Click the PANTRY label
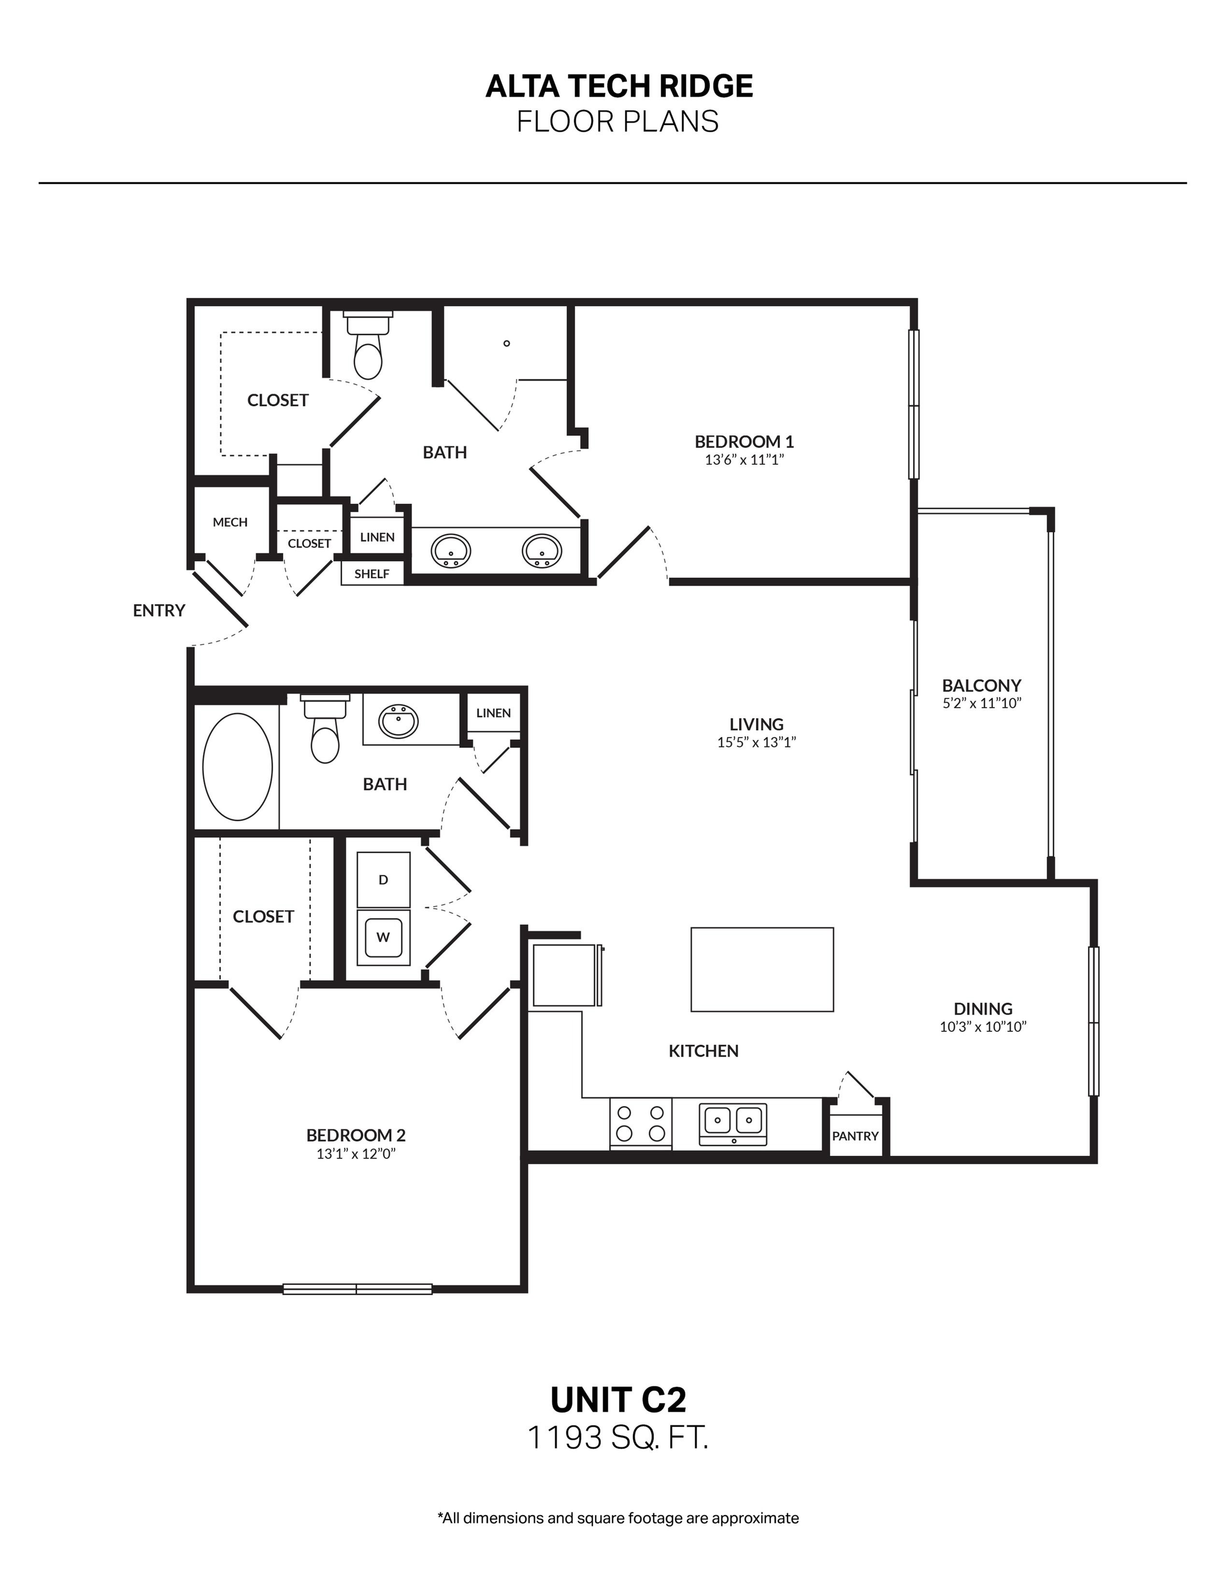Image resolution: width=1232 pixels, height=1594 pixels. point(855,1136)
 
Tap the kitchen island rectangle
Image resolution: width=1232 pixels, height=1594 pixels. point(762,969)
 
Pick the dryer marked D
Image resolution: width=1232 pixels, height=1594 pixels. point(383,880)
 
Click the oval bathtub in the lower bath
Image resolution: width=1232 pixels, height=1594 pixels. point(237,767)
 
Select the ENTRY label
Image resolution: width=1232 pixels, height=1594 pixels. point(159,610)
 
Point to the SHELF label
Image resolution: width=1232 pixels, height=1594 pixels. point(372,574)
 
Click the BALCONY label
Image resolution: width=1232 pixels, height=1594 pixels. point(981,685)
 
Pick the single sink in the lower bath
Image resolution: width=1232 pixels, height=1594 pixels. point(399,721)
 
